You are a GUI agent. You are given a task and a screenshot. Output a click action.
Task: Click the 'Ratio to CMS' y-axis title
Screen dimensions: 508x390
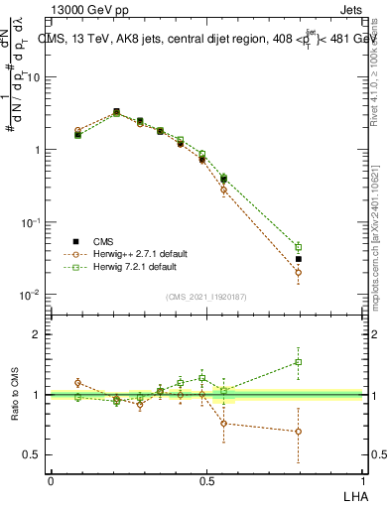[15, 395]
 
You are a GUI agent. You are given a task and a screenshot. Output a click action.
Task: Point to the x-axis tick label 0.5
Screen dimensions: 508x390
[207, 479]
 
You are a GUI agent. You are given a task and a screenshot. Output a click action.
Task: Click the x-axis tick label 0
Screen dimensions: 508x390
[51, 479]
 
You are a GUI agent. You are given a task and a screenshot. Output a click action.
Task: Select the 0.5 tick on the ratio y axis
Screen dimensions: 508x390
[32, 455]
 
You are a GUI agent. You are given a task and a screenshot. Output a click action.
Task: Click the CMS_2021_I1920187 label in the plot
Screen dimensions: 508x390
[206, 297]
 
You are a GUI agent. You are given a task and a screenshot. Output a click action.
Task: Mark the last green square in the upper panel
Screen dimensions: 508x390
[299, 246]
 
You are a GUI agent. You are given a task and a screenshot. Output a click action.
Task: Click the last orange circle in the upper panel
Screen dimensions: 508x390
[299, 272]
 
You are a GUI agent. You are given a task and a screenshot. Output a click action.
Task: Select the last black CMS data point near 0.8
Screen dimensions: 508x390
[299, 259]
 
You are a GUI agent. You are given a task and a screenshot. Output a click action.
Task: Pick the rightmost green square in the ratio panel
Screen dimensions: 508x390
[299, 362]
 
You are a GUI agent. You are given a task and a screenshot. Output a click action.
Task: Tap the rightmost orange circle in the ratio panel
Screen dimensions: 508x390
[299, 432]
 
